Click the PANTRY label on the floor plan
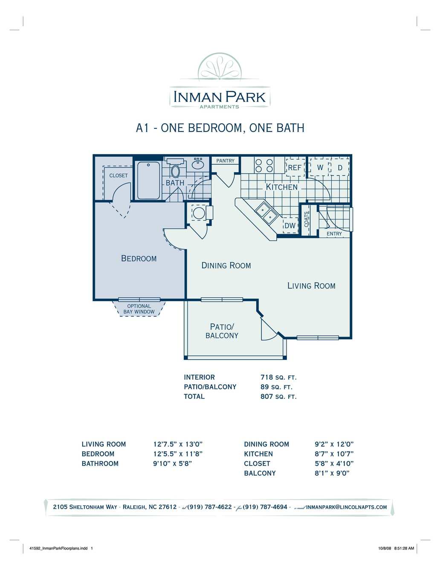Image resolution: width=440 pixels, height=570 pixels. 225,161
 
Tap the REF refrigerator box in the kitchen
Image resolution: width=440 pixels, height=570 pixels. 295,167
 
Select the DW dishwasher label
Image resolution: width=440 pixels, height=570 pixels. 290,226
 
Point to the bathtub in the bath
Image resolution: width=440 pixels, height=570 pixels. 148,180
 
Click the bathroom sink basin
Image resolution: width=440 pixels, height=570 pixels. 199,164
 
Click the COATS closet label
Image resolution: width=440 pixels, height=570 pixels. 306,220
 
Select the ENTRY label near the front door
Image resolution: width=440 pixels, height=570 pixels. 334,234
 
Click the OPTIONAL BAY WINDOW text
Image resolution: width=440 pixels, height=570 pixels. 139,309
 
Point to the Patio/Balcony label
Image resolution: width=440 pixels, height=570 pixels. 222,332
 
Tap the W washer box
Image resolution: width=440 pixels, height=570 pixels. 320,167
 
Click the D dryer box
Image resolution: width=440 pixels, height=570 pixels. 340,167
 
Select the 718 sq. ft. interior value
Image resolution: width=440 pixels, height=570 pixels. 278,378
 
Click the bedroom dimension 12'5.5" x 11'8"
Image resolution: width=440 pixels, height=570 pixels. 178,454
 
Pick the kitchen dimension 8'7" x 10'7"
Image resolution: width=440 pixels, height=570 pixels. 334,454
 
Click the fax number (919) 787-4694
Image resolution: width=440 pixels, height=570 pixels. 265,507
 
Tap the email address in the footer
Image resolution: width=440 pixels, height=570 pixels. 347,507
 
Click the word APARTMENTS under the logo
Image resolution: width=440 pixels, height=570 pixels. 219,107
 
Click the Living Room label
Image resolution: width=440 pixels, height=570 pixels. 311,286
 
